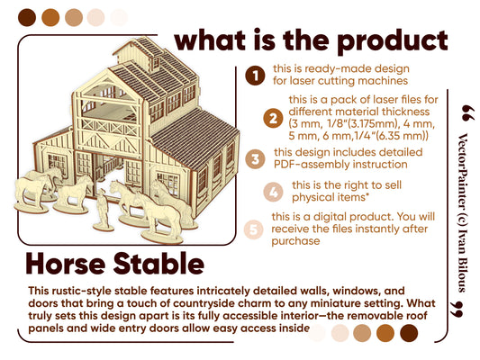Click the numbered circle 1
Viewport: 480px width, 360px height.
255,75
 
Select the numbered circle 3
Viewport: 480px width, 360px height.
256,158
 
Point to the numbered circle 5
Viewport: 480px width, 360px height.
256,229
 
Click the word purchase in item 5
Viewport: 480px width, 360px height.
297,241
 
